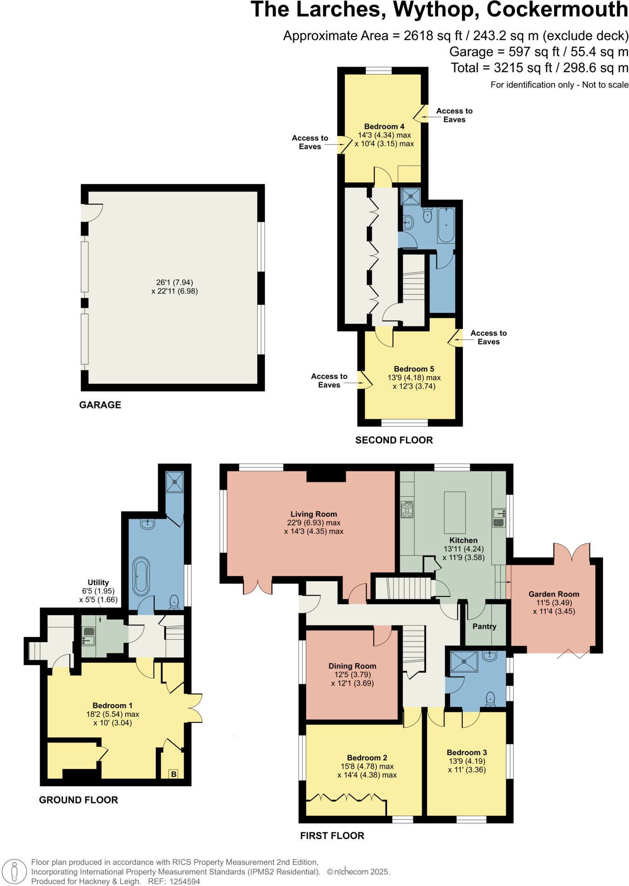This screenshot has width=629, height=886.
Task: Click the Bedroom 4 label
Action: click(x=384, y=127)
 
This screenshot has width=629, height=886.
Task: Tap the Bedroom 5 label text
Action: click(x=414, y=369)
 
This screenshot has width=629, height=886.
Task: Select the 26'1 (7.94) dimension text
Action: click(x=175, y=283)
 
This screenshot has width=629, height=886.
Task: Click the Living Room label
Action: click(x=314, y=514)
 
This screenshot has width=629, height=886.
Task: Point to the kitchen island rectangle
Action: click(x=455, y=512)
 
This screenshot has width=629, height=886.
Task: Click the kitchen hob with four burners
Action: click(x=407, y=509)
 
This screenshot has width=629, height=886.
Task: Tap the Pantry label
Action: click(x=484, y=627)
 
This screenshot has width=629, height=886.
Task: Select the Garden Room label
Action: click(x=554, y=595)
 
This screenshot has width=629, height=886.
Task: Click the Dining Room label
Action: click(x=352, y=666)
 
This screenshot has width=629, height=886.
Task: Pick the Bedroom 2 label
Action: click(x=367, y=758)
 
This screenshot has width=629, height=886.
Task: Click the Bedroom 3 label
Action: click(x=467, y=753)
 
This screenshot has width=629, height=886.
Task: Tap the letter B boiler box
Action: click(x=174, y=774)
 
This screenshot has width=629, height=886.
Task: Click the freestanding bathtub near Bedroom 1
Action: click(x=141, y=576)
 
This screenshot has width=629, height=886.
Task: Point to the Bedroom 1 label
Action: click(x=112, y=706)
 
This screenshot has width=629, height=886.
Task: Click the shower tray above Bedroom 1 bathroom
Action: click(x=175, y=482)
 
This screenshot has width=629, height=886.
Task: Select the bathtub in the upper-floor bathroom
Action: click(x=446, y=226)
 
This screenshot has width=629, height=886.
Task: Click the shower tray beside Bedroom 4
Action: click(x=411, y=196)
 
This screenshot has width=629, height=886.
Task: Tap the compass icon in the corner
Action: click(x=14, y=871)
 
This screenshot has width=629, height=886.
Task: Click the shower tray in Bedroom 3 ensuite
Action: click(x=464, y=662)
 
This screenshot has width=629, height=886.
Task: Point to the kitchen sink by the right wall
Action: click(x=499, y=517)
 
